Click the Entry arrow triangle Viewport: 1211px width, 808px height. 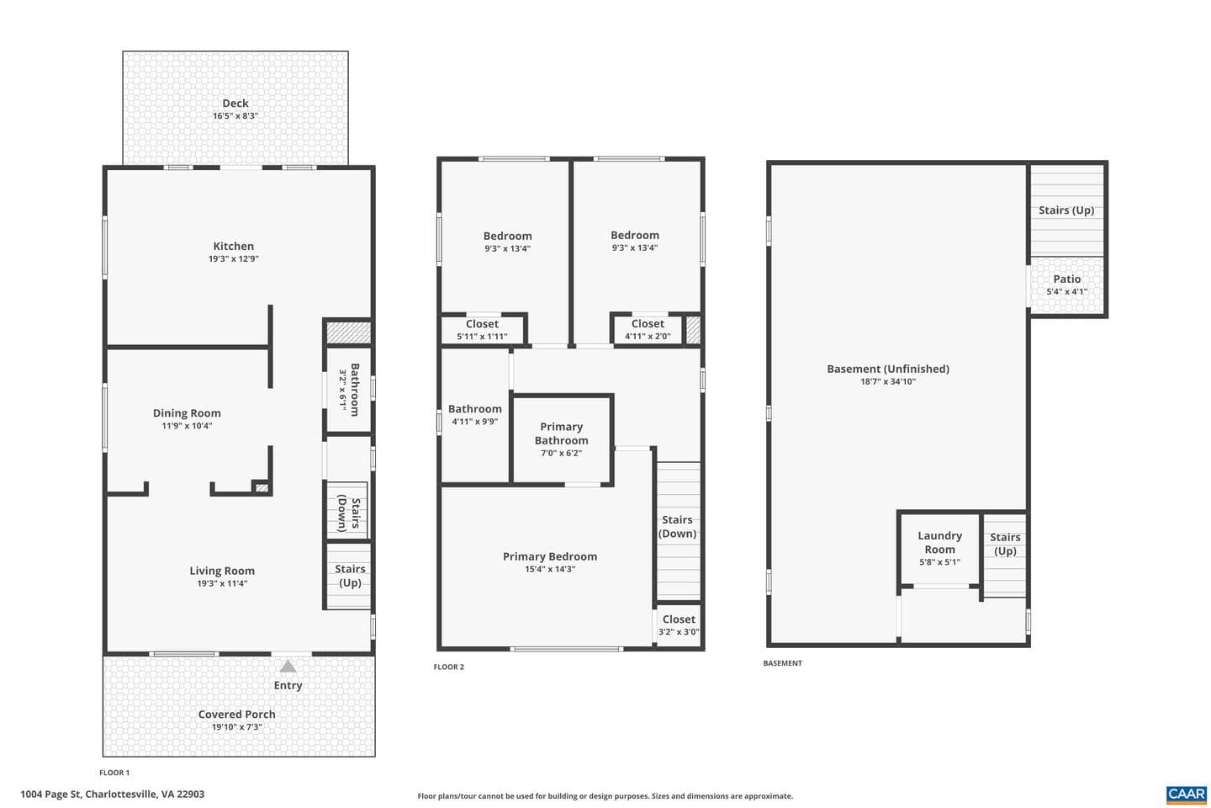[288, 667]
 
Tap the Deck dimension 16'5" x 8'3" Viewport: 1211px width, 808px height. [235, 116]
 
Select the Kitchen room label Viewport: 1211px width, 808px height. [233, 247]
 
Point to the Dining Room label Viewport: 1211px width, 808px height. [187, 413]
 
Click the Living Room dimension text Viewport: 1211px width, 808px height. [222, 583]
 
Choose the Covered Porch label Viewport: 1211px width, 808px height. [237, 715]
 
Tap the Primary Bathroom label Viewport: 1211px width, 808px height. [561, 433]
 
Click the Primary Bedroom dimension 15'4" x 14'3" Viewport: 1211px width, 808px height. [550, 569]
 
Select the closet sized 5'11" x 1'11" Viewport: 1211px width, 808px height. [482, 330]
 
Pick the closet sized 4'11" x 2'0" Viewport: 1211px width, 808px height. [648, 329]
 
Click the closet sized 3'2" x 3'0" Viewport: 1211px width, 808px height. [679, 625]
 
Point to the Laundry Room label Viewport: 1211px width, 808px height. [939, 542]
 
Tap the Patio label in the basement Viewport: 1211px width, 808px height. [1066, 279]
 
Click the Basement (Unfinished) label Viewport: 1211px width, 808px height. [888, 369]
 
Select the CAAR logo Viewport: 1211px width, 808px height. [1187, 795]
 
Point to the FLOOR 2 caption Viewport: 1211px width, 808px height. [449, 667]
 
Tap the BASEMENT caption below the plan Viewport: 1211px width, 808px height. [782, 663]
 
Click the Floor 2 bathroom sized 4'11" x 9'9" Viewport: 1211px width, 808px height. [474, 415]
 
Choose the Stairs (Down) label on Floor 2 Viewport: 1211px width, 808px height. [678, 527]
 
